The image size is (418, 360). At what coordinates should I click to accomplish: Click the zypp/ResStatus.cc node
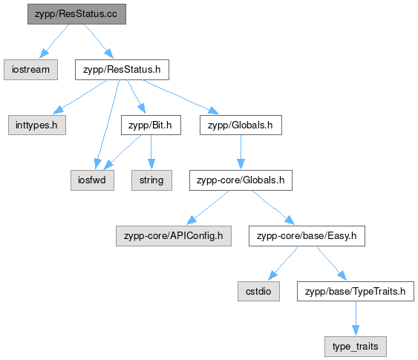click(x=76, y=14)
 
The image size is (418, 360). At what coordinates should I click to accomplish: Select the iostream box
click(x=30, y=70)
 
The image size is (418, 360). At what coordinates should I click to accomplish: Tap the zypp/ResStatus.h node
click(x=122, y=70)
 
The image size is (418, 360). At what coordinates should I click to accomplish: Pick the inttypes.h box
click(x=37, y=125)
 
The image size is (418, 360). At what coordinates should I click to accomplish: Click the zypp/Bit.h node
click(x=151, y=125)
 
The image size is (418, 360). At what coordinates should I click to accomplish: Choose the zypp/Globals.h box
click(x=241, y=125)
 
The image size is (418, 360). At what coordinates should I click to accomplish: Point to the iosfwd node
click(x=92, y=180)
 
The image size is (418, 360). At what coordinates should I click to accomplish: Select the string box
click(x=151, y=180)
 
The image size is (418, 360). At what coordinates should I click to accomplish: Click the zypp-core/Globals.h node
click(x=241, y=180)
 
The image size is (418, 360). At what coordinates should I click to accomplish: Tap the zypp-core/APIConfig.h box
click(x=174, y=236)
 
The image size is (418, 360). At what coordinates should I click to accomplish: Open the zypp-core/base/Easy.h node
click(x=307, y=236)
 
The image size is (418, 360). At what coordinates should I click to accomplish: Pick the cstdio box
click(x=258, y=291)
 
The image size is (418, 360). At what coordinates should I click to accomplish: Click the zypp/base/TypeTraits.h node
click(x=356, y=291)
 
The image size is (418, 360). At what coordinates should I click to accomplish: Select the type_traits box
click(x=356, y=347)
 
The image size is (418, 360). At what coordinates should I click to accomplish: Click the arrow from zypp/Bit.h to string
click(x=151, y=152)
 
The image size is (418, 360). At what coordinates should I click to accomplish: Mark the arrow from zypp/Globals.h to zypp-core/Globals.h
click(x=241, y=152)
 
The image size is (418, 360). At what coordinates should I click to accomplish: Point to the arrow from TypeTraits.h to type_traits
click(x=356, y=318)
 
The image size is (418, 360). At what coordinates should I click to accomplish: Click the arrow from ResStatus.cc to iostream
click(x=54, y=41)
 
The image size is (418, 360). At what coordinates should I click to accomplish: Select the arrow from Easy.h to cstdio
click(x=284, y=263)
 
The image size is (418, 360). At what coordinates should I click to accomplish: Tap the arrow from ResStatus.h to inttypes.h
click(x=80, y=96)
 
